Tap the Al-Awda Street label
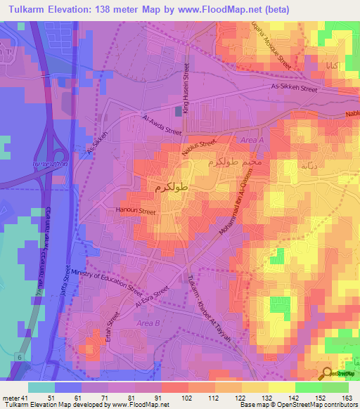pyautogui.click(x=162, y=125)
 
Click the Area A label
pyautogui.click(x=252, y=141)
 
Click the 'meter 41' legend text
pyautogui.click(x=15, y=398)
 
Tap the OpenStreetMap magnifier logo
pyautogui.click(x=327, y=374)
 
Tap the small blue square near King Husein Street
pyautogui.click(x=178, y=110)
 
